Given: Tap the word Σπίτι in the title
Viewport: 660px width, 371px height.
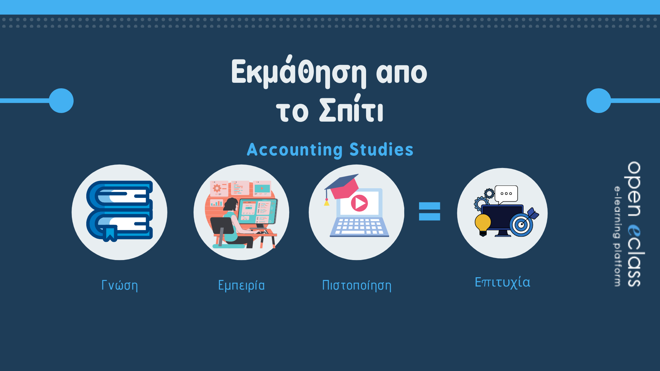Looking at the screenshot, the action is pos(351,110).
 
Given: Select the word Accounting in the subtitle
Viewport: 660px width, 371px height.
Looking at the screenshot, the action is pos(295,150).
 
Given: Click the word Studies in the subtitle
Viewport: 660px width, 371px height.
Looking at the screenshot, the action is pos(381,149).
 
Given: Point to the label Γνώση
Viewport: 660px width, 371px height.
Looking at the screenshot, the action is pos(120,285).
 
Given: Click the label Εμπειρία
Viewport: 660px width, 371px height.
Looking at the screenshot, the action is pos(241,285).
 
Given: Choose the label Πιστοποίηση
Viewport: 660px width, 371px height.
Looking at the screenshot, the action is pos(356,285).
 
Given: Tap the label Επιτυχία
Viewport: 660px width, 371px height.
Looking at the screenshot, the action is pos(502,282).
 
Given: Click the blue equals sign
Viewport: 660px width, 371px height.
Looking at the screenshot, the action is pos(429,211).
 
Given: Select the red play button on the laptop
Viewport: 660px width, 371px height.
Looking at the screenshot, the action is pos(359,203).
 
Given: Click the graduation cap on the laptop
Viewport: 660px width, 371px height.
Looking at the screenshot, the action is pos(342,187).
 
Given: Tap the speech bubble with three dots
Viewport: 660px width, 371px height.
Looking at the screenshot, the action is pos(506,194).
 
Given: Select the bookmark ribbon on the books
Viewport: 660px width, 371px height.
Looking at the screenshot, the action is pos(110,234).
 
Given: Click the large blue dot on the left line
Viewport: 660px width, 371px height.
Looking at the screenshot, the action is pos(61,101).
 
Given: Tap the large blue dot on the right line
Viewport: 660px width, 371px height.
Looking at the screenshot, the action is pos(598,101).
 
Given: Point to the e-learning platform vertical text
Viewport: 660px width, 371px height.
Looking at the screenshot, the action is pos(618,236).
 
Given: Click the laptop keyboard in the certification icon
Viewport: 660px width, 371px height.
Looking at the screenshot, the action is pos(359,227).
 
